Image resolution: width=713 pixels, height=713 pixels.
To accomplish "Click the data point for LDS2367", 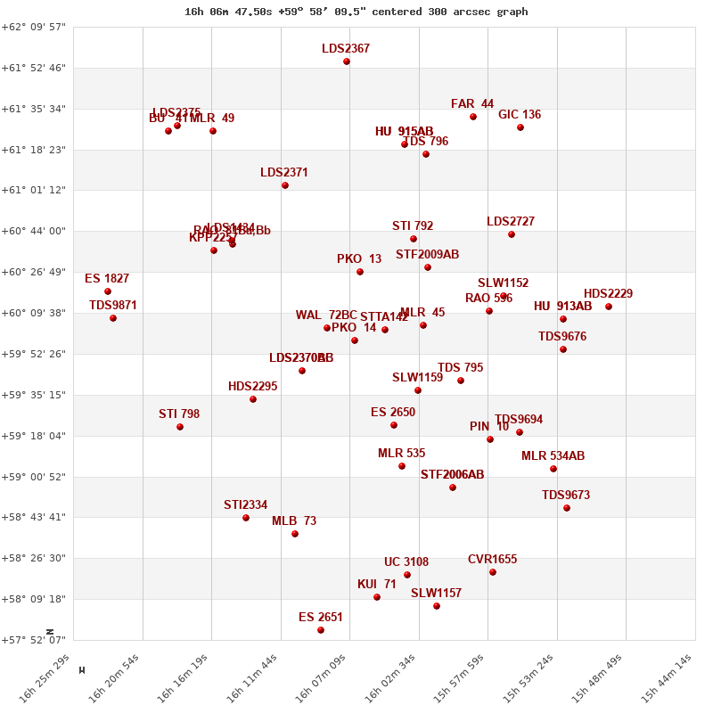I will pyautogui.click(x=347, y=61).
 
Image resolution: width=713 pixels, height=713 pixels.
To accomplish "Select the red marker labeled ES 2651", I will pyautogui.click(x=321, y=630).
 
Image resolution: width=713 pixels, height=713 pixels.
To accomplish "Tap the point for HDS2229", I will pyautogui.click(x=609, y=307).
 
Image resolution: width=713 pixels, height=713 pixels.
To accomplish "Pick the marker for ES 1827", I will pyautogui.click(x=108, y=291).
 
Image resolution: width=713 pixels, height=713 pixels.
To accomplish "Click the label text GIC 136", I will pyautogui.click(x=520, y=115).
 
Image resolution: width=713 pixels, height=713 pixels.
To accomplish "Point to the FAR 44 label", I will pyautogui.click(x=472, y=104).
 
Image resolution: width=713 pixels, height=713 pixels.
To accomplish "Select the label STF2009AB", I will pyautogui.click(x=428, y=255).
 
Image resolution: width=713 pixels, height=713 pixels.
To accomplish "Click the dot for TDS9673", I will pyautogui.click(x=567, y=508).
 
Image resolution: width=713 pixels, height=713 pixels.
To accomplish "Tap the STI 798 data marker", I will pyautogui.click(x=180, y=427).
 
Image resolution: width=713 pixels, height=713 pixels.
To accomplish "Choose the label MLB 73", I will pyautogui.click(x=294, y=521).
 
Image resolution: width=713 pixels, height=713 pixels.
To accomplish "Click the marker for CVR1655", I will pyautogui.click(x=493, y=572).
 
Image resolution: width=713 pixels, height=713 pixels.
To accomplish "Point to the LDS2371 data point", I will pyautogui.click(x=285, y=185).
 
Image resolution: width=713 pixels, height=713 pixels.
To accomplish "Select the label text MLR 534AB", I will pyautogui.click(x=553, y=456).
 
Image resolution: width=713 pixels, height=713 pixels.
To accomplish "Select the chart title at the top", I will pyautogui.click(x=356, y=12).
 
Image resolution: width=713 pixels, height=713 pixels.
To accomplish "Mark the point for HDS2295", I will pyautogui.click(x=253, y=399).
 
